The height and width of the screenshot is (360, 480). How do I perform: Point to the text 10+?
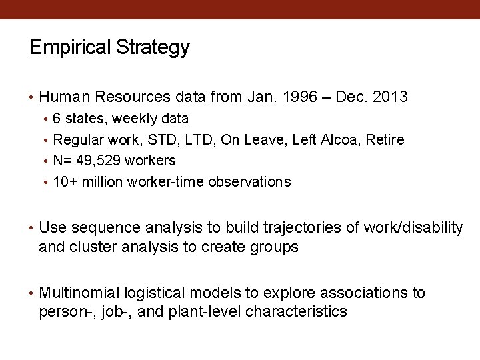point(65,182)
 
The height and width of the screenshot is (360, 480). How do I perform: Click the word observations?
point(249,182)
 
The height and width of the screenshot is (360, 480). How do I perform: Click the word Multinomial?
point(79,293)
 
